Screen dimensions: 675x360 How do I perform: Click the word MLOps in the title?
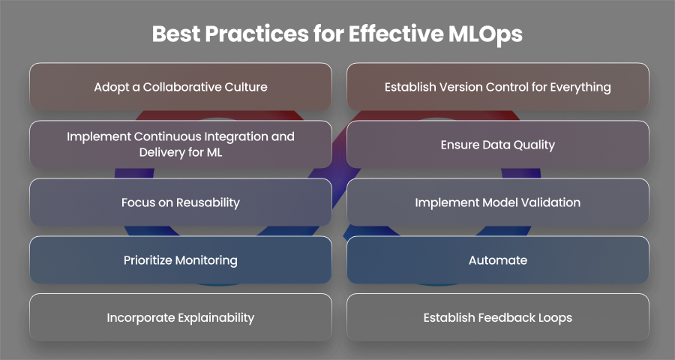[x=485, y=34]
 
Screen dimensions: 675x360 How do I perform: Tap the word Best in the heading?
[x=175, y=34]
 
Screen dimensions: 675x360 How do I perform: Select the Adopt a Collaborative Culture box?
[x=181, y=86]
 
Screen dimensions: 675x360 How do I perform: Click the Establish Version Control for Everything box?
[x=498, y=86]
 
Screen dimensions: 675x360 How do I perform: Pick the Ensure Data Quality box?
[x=498, y=144]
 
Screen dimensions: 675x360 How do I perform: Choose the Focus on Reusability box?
[x=181, y=202]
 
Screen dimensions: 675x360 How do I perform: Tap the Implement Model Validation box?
[x=498, y=202]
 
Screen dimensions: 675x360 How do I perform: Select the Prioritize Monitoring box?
[x=181, y=259]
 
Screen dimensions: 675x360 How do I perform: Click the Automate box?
[x=498, y=259]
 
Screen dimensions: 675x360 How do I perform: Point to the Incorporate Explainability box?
[x=181, y=317]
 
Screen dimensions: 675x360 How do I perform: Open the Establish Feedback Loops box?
[x=498, y=317]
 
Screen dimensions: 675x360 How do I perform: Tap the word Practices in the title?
[x=256, y=34]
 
